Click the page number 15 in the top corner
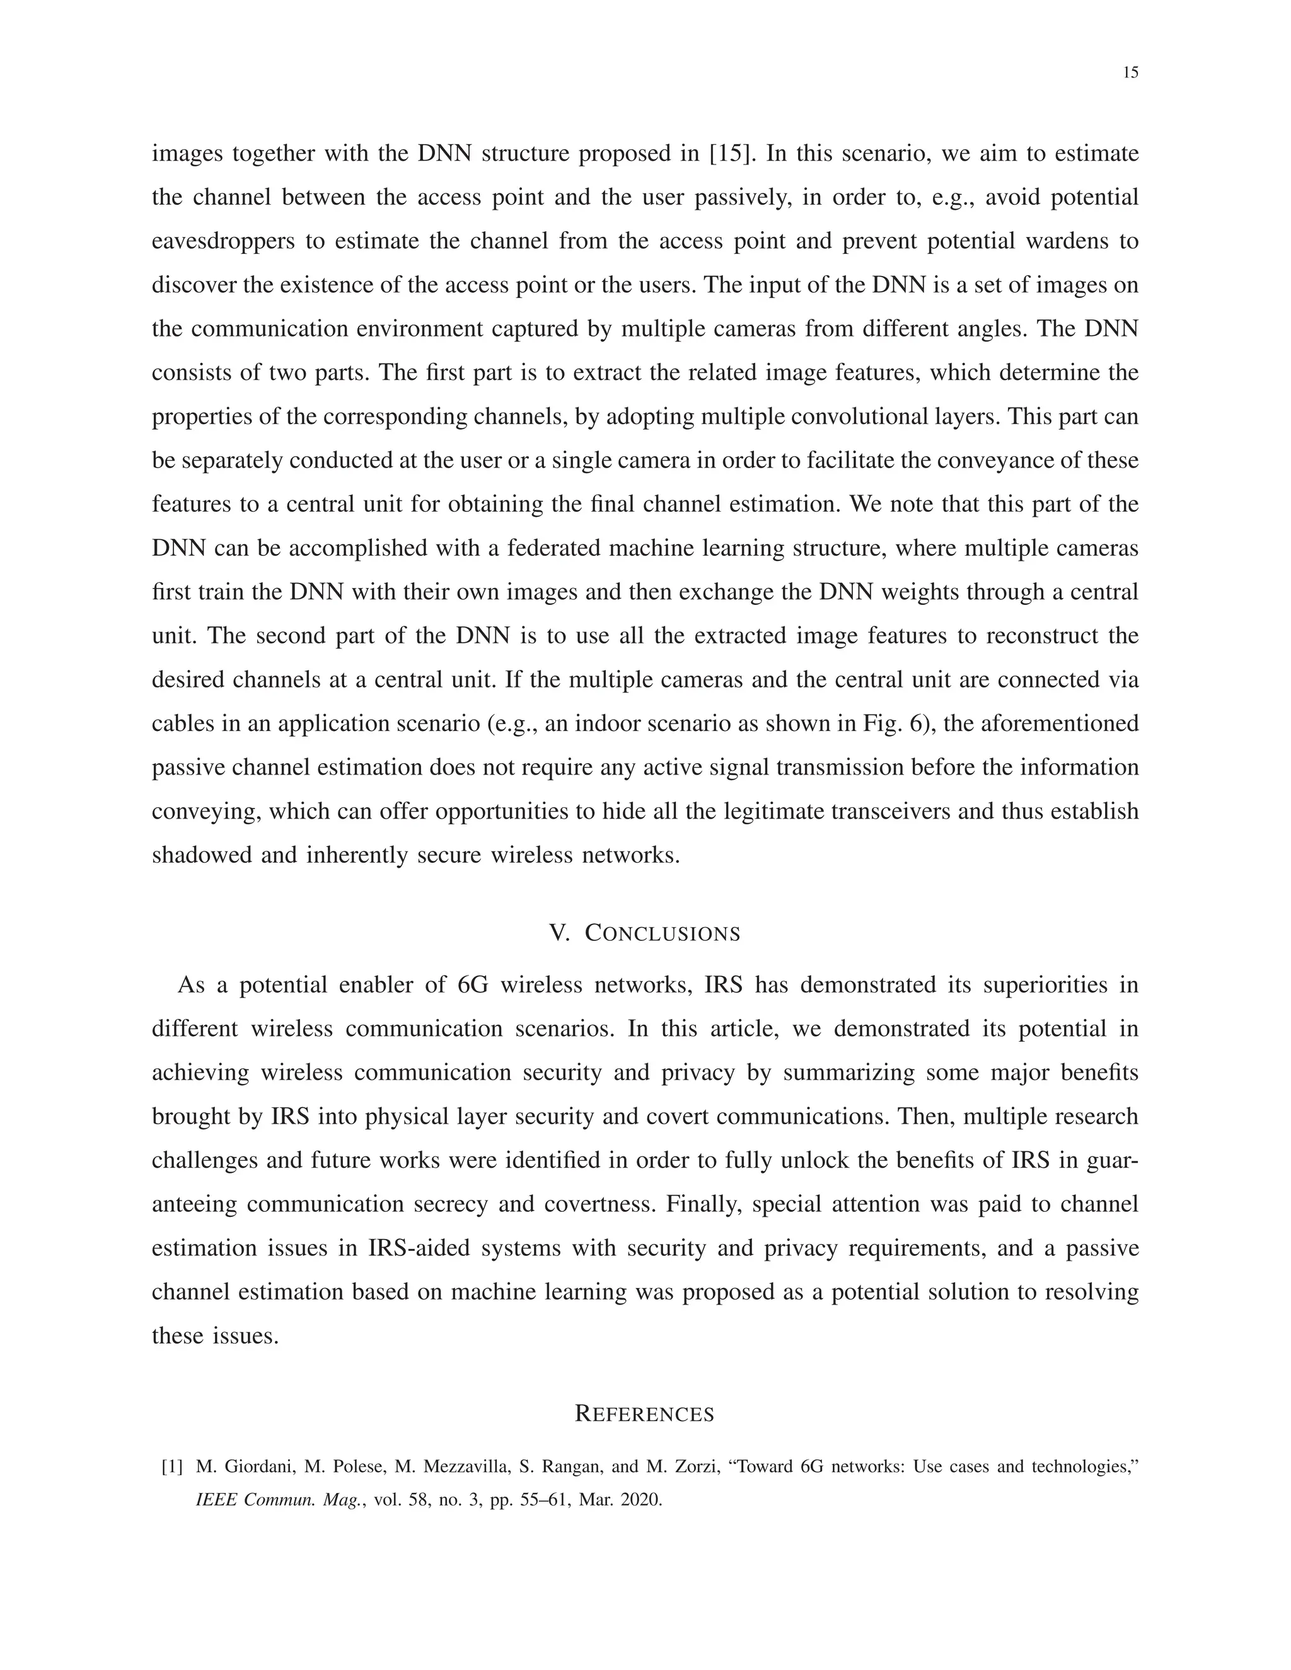coord(1130,72)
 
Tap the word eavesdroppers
coord(223,241)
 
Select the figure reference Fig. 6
coord(895,724)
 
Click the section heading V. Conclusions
coord(645,934)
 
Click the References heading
coord(645,1415)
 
